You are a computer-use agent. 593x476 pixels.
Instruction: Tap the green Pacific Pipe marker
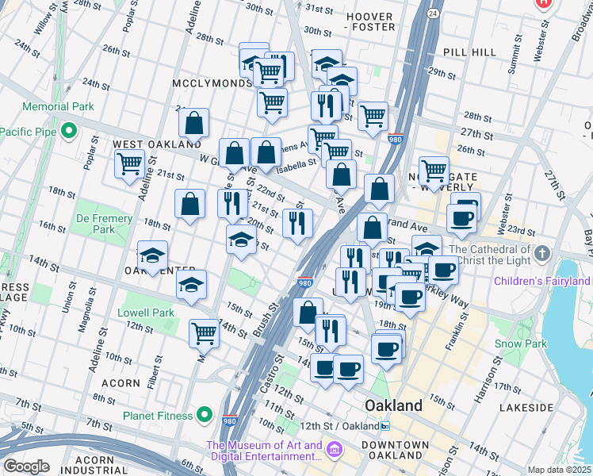pyautogui.click(x=69, y=130)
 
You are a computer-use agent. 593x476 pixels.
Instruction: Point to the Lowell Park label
pyautogui.click(x=146, y=313)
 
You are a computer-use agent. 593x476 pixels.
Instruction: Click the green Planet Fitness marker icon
pyautogui.click(x=205, y=414)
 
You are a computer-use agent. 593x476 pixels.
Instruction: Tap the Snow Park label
pyautogui.click(x=520, y=344)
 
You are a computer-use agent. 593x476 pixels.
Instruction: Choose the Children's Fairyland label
pyautogui.click(x=541, y=281)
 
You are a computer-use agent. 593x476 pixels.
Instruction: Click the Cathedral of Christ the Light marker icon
pyautogui.click(x=542, y=254)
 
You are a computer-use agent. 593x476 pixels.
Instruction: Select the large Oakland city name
pyautogui.click(x=393, y=405)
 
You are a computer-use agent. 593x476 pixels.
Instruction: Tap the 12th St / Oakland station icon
pyautogui.click(x=384, y=426)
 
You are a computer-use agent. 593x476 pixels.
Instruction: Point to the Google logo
pyautogui.click(x=26, y=466)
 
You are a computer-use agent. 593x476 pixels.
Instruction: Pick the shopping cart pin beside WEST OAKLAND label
pyautogui.click(x=129, y=165)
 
